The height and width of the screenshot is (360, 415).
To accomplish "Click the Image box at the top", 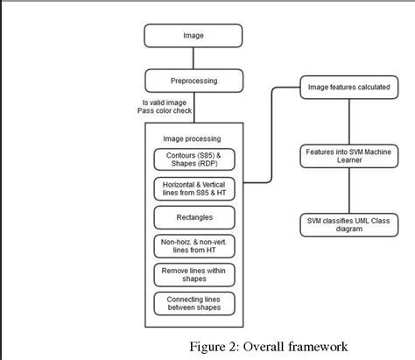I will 193,37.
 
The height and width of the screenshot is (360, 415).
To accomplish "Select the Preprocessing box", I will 193,81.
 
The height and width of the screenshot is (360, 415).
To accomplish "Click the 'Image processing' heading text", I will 193,138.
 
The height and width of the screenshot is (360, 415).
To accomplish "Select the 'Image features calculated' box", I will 348,87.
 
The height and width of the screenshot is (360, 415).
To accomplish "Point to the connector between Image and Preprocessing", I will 193,59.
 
